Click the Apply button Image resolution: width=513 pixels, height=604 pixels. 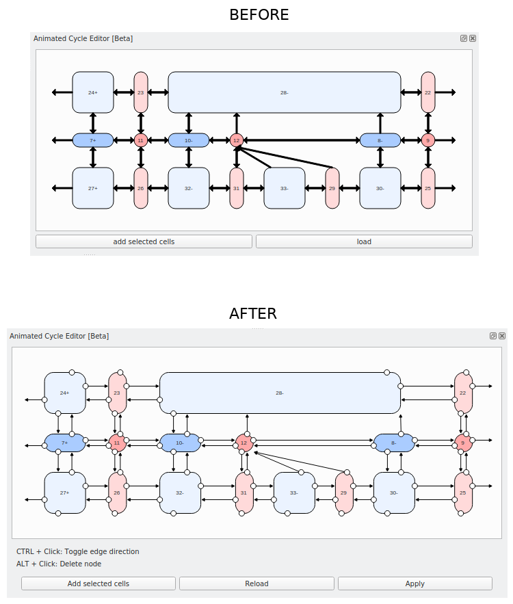pyautogui.click(x=415, y=583)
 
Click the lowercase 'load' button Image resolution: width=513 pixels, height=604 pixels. pyautogui.click(x=364, y=241)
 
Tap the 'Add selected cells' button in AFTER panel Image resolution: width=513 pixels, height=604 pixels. pyautogui.click(x=98, y=583)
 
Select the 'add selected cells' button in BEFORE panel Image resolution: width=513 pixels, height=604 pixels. pyautogui.click(x=144, y=241)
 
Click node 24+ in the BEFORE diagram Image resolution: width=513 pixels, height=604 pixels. pyautogui.click(x=93, y=92)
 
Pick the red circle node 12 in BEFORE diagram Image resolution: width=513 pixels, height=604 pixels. pyautogui.click(x=237, y=140)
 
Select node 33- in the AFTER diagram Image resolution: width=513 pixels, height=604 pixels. pyautogui.click(x=294, y=493)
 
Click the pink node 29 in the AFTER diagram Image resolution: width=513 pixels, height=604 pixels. pyautogui.click(x=344, y=493)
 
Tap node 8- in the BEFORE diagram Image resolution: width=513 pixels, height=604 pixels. pyautogui.click(x=380, y=140)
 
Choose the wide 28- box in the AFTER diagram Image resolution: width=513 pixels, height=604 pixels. pyautogui.click(x=280, y=393)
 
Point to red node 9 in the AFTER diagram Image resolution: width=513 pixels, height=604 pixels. pyautogui.click(x=463, y=443)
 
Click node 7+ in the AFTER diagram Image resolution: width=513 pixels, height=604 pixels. pyautogui.click(x=65, y=443)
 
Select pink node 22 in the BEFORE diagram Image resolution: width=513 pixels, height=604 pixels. pyautogui.click(x=428, y=92)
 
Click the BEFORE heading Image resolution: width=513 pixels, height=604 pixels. pyautogui.click(x=259, y=14)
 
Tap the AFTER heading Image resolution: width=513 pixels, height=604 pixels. pyautogui.click(x=253, y=313)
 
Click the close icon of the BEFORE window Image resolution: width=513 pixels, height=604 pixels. pyautogui.click(x=473, y=38)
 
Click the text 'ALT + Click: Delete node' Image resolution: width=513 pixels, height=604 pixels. pyautogui.click(x=59, y=564)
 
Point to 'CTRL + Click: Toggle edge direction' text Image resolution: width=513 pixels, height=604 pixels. pyautogui.click(x=78, y=551)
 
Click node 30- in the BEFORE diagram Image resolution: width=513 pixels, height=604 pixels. pyautogui.click(x=380, y=188)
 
